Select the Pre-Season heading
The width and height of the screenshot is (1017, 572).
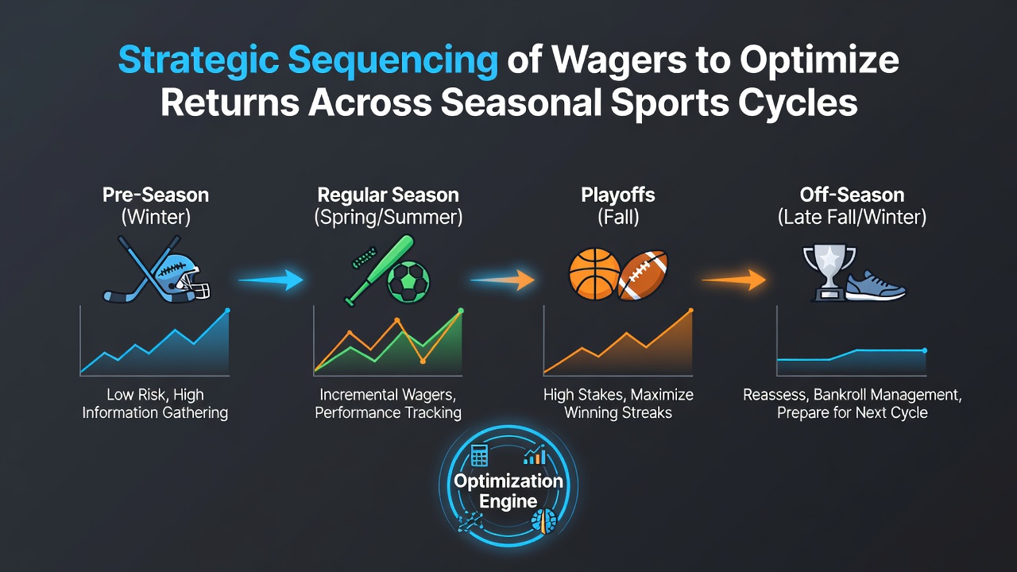tap(156, 195)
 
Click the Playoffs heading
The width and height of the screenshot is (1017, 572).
tap(618, 195)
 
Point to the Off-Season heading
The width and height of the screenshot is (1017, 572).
tap(852, 195)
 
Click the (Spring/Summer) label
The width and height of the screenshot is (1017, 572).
tap(389, 217)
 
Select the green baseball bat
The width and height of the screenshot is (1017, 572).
tap(380, 271)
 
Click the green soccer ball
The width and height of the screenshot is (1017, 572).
tap(408, 281)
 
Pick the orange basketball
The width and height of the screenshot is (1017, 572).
tap(594, 274)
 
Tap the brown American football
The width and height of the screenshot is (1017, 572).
tap(643, 275)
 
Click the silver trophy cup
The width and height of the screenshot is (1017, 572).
tap(829, 272)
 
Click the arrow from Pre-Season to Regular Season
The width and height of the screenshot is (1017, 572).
tap(271, 280)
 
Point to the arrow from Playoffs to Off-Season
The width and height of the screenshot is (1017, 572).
tap(733, 280)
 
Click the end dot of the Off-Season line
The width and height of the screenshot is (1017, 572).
tap(925, 350)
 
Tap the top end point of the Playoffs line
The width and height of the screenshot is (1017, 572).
tap(691, 311)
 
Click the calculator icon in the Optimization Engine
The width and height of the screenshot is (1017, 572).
tap(479, 455)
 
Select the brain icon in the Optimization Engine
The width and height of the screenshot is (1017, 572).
tap(544, 520)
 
